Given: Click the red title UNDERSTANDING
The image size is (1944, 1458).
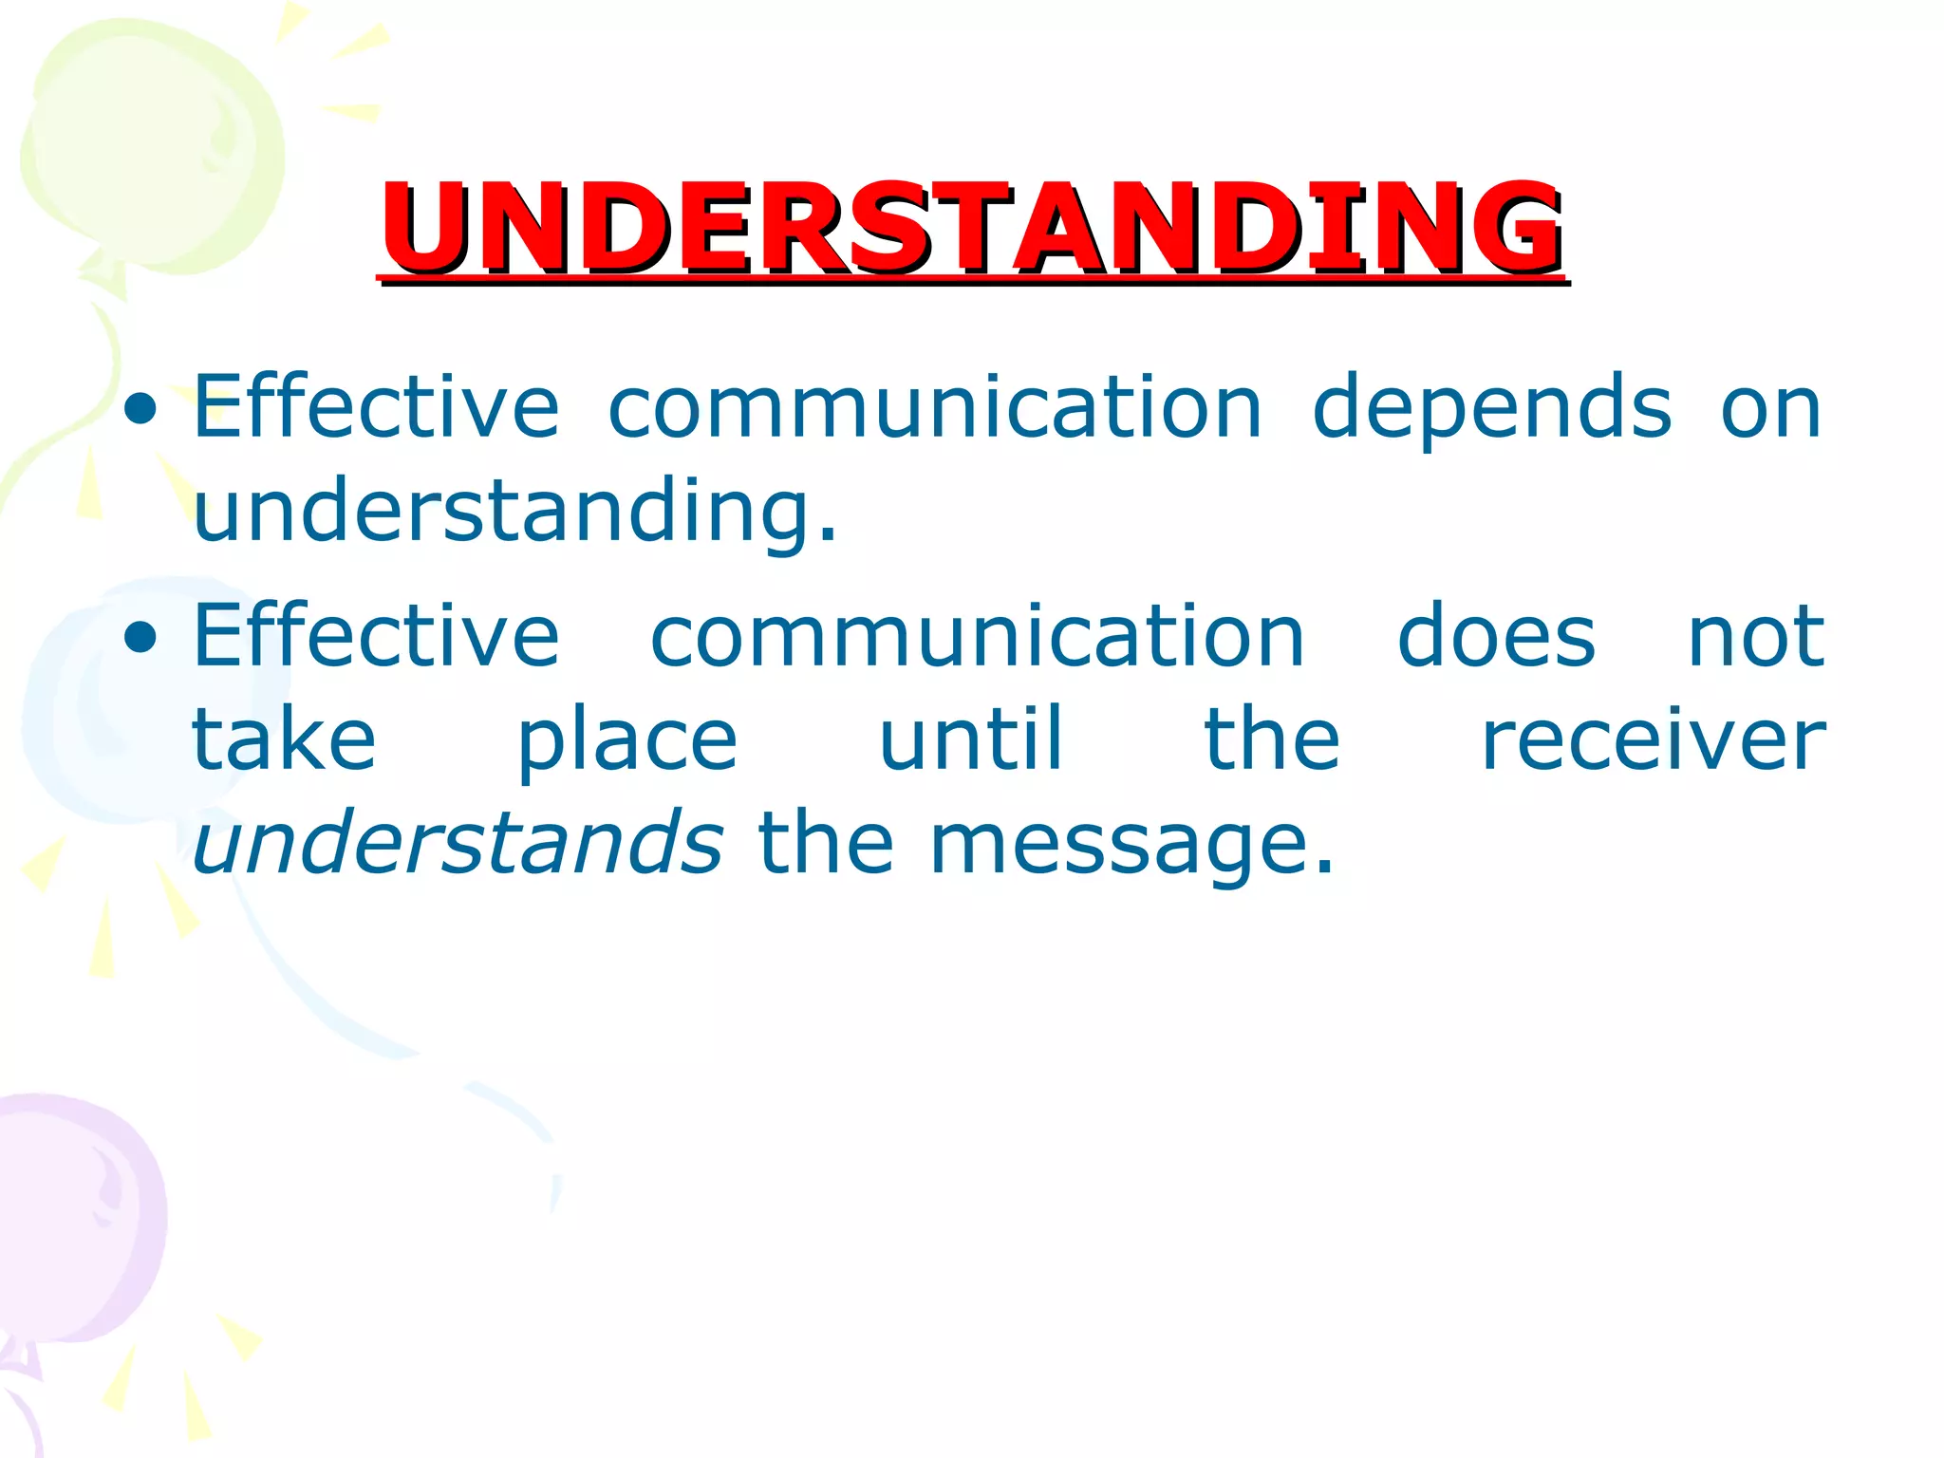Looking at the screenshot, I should pyautogui.click(x=972, y=228).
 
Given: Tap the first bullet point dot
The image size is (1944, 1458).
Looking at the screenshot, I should pyautogui.click(x=140, y=409).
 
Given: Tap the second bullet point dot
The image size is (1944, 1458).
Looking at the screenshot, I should pyautogui.click(x=140, y=639).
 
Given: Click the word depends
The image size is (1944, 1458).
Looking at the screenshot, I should pyautogui.click(x=1491, y=409).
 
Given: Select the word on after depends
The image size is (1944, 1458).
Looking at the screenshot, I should pyautogui.click(x=1770, y=409).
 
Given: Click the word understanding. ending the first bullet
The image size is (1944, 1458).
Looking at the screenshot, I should pyautogui.click(x=515, y=513).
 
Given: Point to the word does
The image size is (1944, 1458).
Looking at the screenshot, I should pyautogui.click(x=1496, y=637).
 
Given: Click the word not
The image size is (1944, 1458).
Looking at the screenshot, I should pyautogui.click(x=1755, y=637).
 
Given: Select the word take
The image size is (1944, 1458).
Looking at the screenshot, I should pyautogui.click(x=284, y=740).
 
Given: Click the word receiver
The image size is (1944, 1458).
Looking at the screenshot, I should pyautogui.click(x=1653, y=740).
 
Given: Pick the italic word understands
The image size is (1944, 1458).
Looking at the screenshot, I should pyautogui.click(x=458, y=843).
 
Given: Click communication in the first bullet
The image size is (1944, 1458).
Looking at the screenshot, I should pyautogui.click(x=935, y=407).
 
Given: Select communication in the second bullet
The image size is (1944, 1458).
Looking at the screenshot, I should pyautogui.click(x=978, y=637).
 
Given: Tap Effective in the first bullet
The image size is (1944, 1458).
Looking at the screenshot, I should pyautogui.click(x=376, y=407).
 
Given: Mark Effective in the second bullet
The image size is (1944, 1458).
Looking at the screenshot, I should pyautogui.click(x=376, y=637).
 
